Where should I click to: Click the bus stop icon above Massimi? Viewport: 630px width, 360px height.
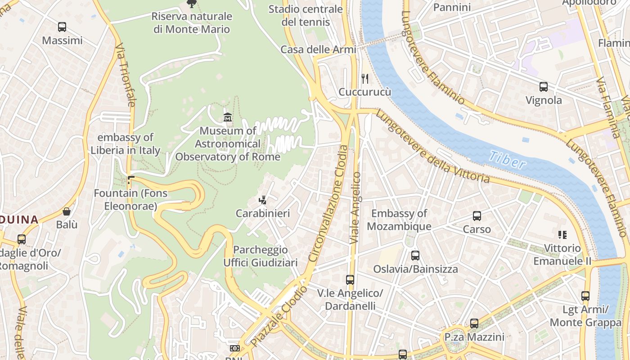pyautogui.click(x=62, y=27)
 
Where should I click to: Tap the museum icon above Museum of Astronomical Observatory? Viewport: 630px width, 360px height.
pyautogui.click(x=228, y=117)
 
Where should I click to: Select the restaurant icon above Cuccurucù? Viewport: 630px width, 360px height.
pyautogui.click(x=365, y=79)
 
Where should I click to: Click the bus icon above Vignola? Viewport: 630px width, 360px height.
pyautogui.click(x=544, y=87)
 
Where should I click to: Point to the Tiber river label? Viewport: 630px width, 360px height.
pyautogui.click(x=507, y=160)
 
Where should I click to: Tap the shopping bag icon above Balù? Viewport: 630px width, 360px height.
pyautogui.click(x=67, y=211)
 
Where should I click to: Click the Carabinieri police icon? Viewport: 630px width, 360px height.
pyautogui.click(x=263, y=200)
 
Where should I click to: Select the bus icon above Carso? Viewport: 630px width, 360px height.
pyautogui.click(x=477, y=216)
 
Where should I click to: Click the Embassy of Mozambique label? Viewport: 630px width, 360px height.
pyautogui.click(x=399, y=220)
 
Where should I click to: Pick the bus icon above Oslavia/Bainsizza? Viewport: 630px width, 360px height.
pyautogui.click(x=415, y=256)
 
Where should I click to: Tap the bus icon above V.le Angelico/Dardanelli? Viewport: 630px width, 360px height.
pyautogui.click(x=350, y=280)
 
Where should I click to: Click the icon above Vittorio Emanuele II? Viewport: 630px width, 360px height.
pyautogui.click(x=562, y=234)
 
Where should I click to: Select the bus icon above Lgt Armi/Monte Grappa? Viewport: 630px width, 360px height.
pyautogui.click(x=585, y=296)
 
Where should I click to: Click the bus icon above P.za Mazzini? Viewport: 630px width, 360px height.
pyautogui.click(x=474, y=324)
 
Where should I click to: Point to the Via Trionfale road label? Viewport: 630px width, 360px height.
pyautogui.click(x=125, y=75)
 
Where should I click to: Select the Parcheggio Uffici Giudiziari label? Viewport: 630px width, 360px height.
pyautogui.click(x=261, y=256)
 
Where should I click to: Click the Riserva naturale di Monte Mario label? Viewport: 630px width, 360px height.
pyautogui.click(x=192, y=23)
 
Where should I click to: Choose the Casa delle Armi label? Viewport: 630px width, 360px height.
pyautogui.click(x=318, y=49)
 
